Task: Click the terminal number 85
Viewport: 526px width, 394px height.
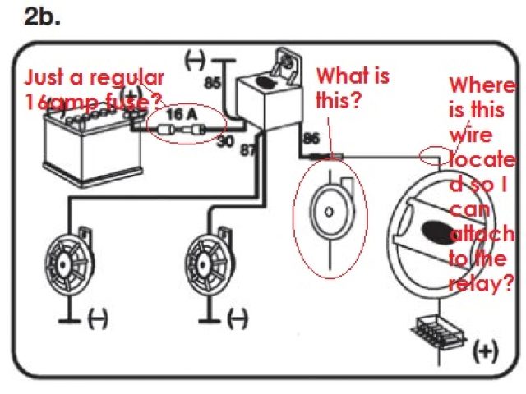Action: pyautogui.click(x=212, y=83)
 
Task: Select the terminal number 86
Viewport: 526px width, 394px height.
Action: pyautogui.click(x=311, y=140)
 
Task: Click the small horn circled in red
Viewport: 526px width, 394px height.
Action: pyautogui.click(x=330, y=212)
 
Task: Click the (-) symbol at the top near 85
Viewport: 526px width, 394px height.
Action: pyautogui.click(x=195, y=60)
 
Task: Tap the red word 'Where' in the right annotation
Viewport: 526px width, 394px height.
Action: pyautogui.click(x=482, y=85)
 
